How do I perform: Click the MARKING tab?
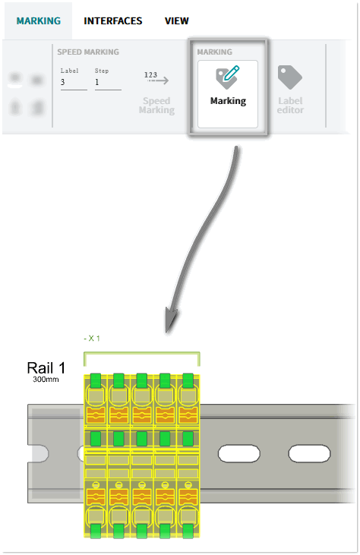[39, 21]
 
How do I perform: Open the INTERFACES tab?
[113, 21]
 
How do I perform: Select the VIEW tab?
[177, 21]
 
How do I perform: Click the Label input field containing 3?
[74, 83]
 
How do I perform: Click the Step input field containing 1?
[108, 83]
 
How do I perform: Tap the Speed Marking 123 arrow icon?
[156, 78]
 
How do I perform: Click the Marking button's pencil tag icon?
[228, 77]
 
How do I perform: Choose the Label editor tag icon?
[290, 77]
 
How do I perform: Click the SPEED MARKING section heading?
[88, 52]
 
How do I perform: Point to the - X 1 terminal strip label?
[92, 339]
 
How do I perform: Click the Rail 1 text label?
[46, 368]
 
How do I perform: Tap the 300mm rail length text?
[46, 380]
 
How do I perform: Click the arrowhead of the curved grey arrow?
[172, 319]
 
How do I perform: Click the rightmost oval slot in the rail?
[309, 454]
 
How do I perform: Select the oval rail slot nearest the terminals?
[239, 454]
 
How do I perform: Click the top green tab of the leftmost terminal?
[96, 380]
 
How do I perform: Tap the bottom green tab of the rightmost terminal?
[188, 531]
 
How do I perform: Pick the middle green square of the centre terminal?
[141, 439]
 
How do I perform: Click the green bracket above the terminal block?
[141, 353]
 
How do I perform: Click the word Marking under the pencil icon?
[228, 101]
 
